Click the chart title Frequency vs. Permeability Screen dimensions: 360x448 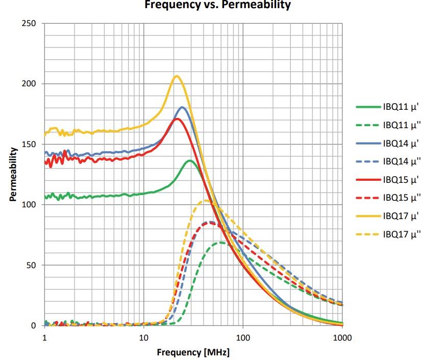pyautogui.click(x=218, y=5)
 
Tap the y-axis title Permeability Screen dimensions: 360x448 pyautogui.click(x=13, y=174)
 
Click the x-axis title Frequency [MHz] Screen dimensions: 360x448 pyautogui.click(x=193, y=352)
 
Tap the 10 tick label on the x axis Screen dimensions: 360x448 pyautogui.click(x=143, y=337)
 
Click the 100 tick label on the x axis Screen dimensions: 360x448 pyautogui.click(x=242, y=337)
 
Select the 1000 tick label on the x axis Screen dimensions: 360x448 pyautogui.click(x=342, y=337)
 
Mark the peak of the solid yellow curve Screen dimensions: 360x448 pyautogui.click(x=177, y=76)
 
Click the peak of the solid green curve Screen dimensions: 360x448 pyautogui.click(x=190, y=161)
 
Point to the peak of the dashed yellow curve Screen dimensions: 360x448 pyautogui.click(x=206, y=200)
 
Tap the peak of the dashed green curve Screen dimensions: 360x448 pyautogui.click(x=220, y=243)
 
